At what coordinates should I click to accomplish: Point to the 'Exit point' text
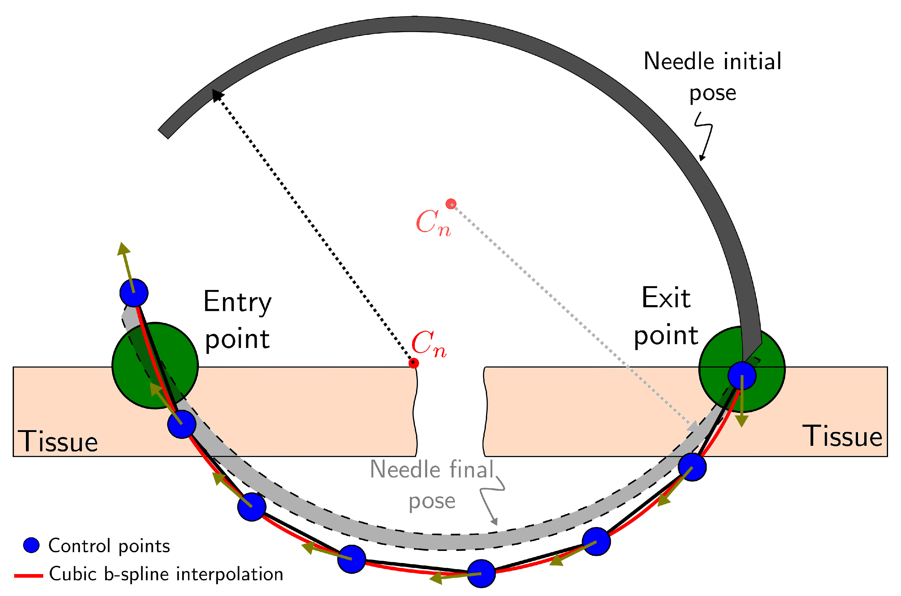coord(666,317)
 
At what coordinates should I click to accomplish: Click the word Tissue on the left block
coord(58,441)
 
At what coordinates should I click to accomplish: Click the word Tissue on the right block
coord(842,436)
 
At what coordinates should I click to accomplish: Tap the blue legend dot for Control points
coord(32,545)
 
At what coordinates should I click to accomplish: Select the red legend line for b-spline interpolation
coord(28,576)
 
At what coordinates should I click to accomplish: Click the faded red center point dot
coord(451,204)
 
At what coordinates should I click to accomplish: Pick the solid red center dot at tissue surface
coord(414,363)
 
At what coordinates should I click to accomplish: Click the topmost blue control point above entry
coord(134,293)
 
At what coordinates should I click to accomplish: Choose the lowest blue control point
coord(481,573)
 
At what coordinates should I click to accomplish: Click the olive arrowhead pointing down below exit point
coord(742,421)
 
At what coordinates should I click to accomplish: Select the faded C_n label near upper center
coord(433,223)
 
